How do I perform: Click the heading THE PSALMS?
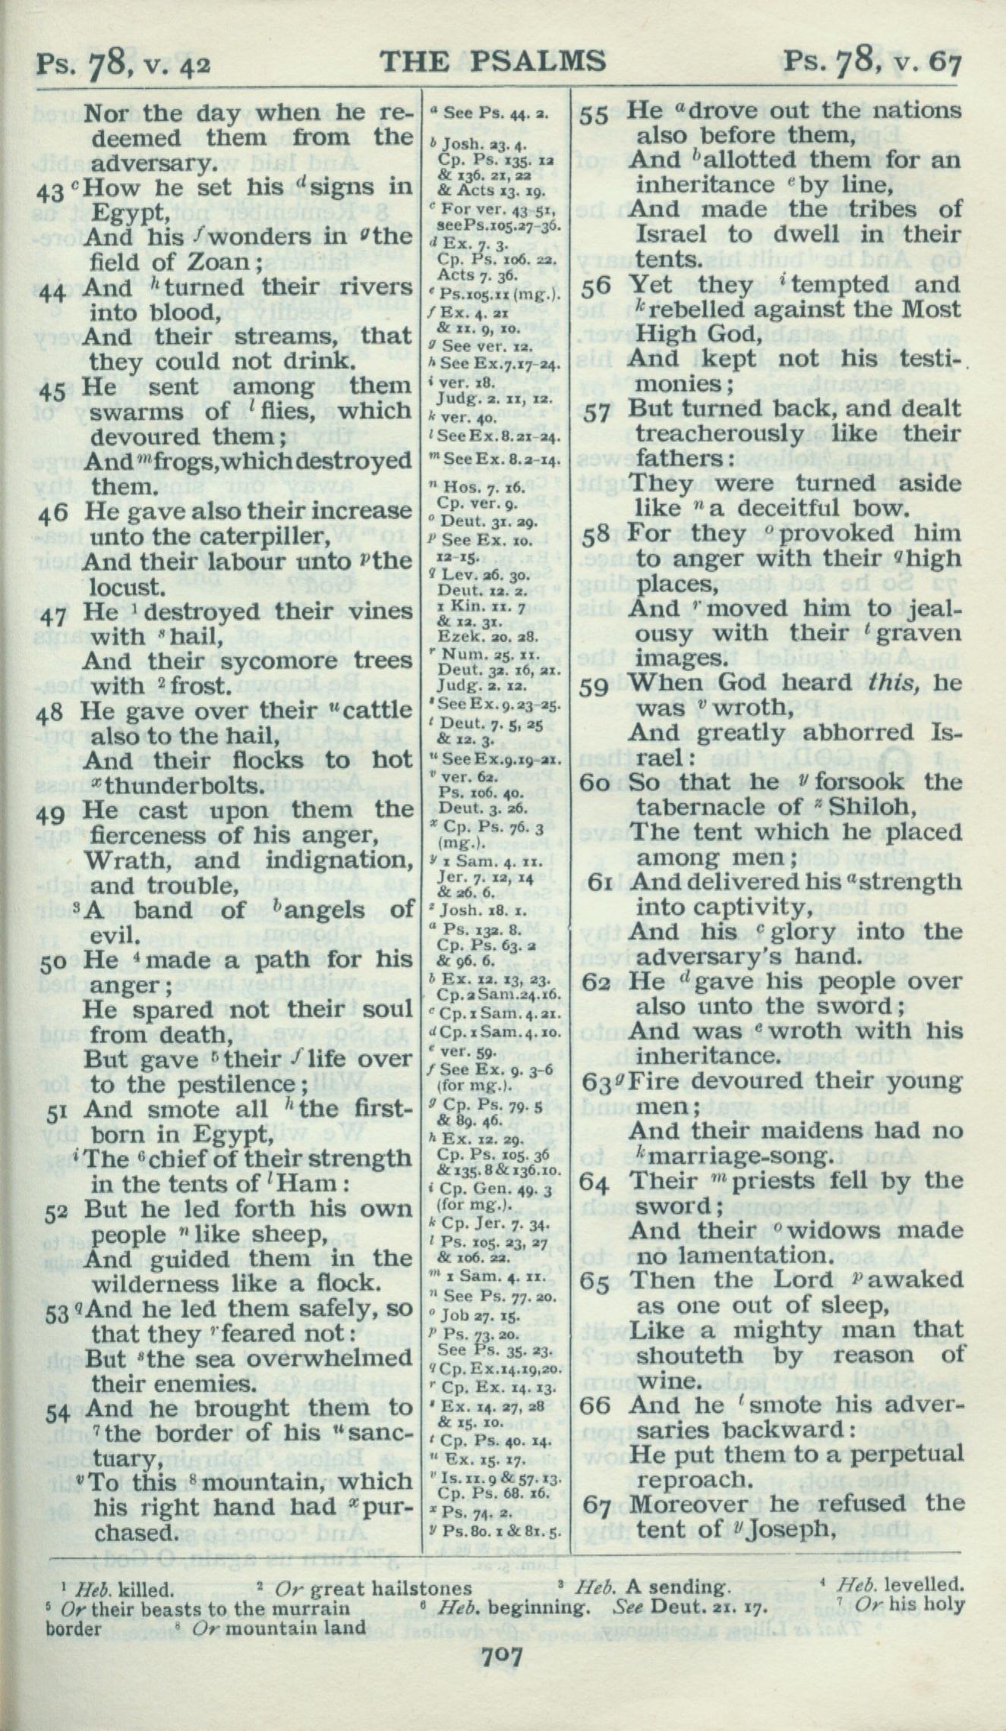click(x=493, y=60)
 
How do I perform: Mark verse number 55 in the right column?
click(x=596, y=114)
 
